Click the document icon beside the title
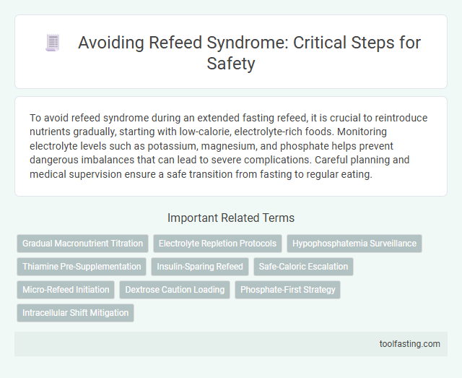(53, 43)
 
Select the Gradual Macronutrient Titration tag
(83, 244)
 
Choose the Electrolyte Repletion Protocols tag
(217, 244)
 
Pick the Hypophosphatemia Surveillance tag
(354, 244)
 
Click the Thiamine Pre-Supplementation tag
(81, 267)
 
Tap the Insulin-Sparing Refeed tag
(200, 267)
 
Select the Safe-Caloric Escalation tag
(303, 267)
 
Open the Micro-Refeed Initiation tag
(66, 290)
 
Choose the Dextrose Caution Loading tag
(175, 290)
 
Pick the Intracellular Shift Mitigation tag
(76, 313)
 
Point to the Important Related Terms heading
(230, 218)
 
